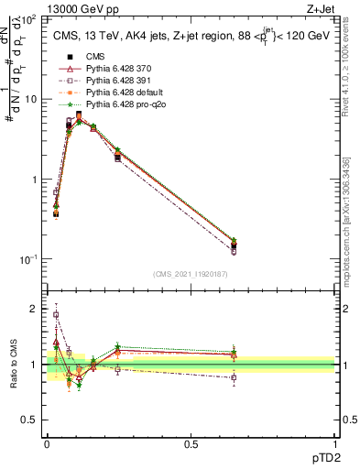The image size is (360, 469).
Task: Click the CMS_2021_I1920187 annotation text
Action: coord(191,273)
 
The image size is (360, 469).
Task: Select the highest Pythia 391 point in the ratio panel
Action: coord(56,314)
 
